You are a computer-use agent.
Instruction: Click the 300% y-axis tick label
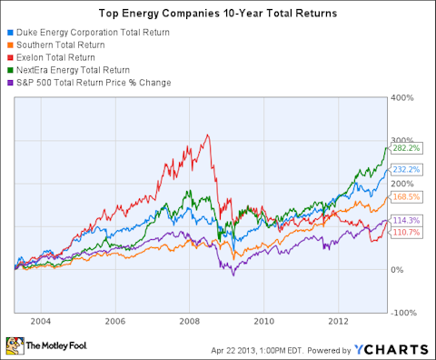pyautogui.click(x=402, y=140)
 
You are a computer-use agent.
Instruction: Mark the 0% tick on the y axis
pyautogui.click(x=398, y=270)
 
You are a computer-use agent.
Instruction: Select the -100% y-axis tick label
pyautogui.click(x=403, y=313)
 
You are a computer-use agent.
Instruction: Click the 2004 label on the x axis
pyautogui.click(x=40, y=321)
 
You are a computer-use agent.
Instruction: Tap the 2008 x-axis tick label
pyautogui.click(x=189, y=321)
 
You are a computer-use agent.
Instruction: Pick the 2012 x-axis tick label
pyautogui.click(x=337, y=321)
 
